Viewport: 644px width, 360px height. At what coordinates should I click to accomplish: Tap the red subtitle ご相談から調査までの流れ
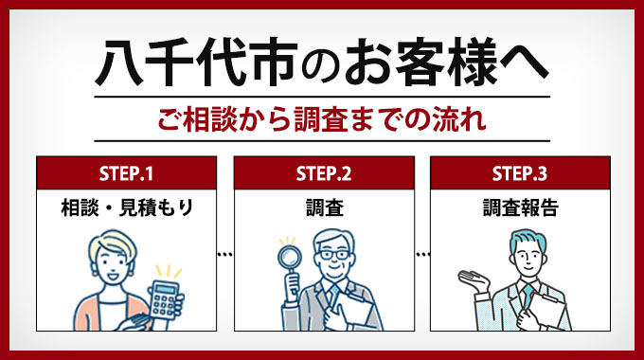322,120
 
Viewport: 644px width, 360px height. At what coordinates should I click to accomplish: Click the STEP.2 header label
322,173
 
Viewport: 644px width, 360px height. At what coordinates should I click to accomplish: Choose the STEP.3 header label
519,173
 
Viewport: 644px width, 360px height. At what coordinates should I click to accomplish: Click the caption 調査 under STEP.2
322,207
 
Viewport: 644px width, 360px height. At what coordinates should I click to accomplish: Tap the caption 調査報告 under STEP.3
519,207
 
